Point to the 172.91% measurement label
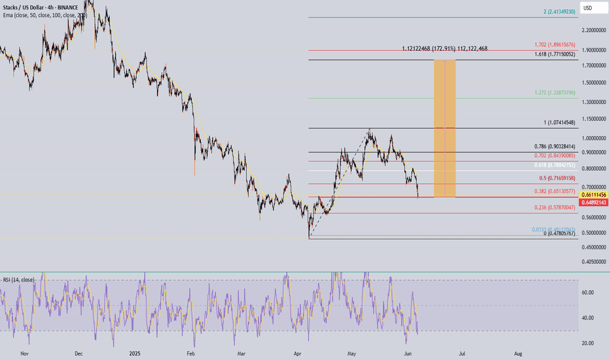pyautogui.click(x=444, y=48)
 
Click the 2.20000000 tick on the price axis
pyautogui.click(x=592, y=31)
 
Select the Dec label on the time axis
pyautogui.click(x=79, y=353)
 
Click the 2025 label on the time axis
pyautogui.click(x=135, y=353)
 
